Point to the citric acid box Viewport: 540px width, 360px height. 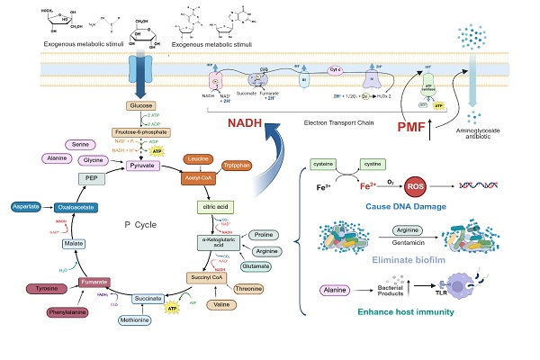pos(223,207)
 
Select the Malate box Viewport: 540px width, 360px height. pos(74,243)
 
